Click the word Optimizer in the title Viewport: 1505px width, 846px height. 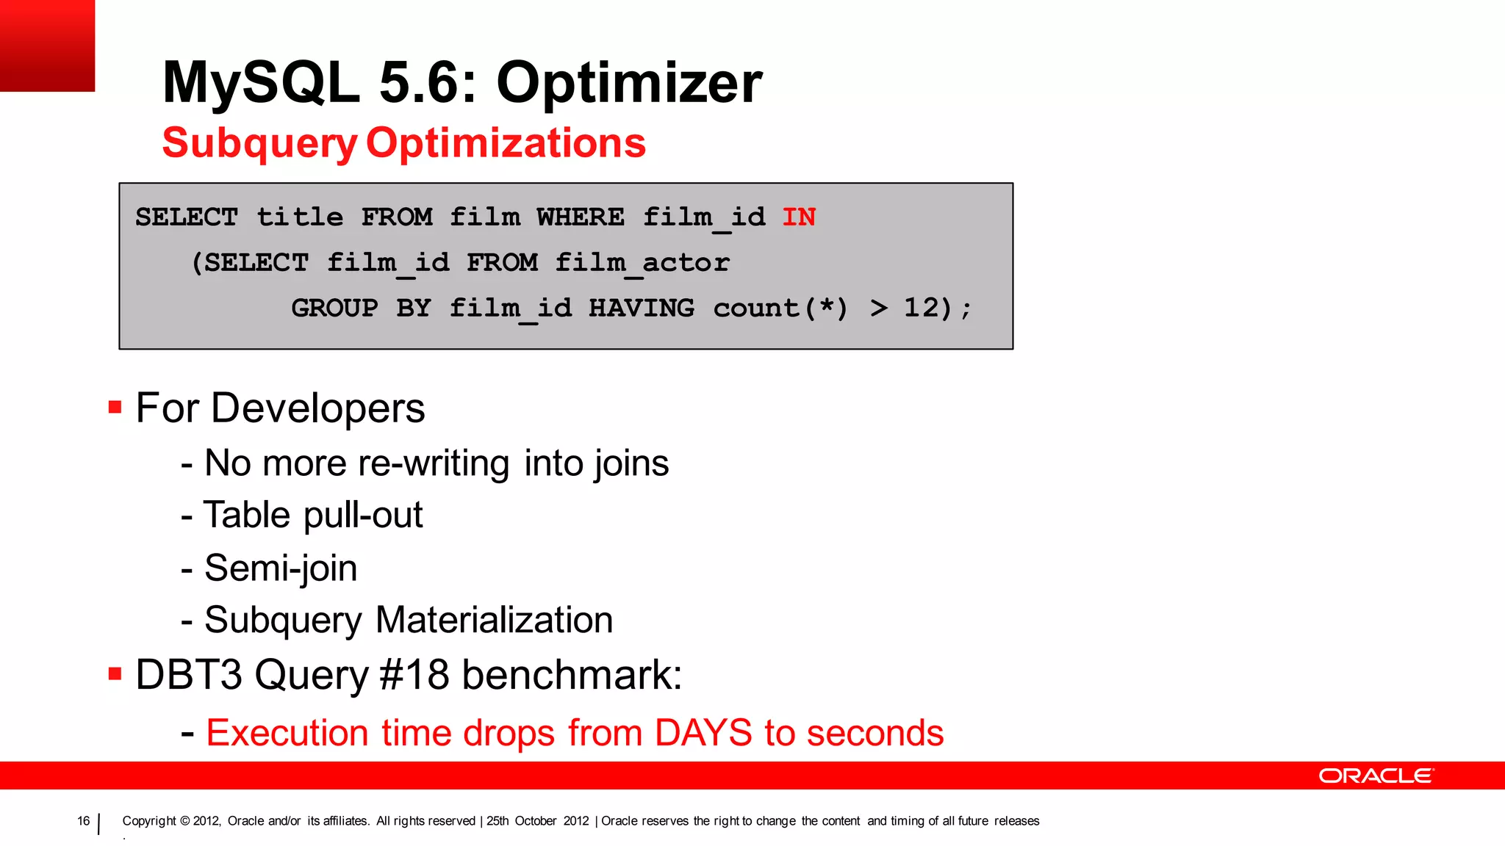point(629,82)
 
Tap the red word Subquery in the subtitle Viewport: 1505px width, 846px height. point(259,143)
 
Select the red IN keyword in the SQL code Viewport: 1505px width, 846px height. point(799,217)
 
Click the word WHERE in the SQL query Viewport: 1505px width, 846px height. point(581,217)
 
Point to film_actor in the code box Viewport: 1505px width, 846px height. point(642,263)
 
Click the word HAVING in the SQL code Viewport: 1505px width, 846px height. point(642,308)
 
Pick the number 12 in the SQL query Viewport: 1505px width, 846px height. point(922,308)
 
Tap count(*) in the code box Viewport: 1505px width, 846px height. point(780,308)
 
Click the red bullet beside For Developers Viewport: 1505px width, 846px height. point(115,407)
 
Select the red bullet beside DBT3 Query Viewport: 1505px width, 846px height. point(115,673)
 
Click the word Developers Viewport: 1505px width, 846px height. point(317,408)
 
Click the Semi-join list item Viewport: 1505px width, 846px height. point(281,568)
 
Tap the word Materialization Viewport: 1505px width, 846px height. point(494,620)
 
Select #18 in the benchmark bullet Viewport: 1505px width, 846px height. point(414,674)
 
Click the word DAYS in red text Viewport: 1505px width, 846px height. point(703,733)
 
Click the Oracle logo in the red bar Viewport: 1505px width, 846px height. point(1376,776)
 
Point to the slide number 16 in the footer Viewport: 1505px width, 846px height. point(83,821)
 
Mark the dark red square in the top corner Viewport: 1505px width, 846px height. point(47,46)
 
